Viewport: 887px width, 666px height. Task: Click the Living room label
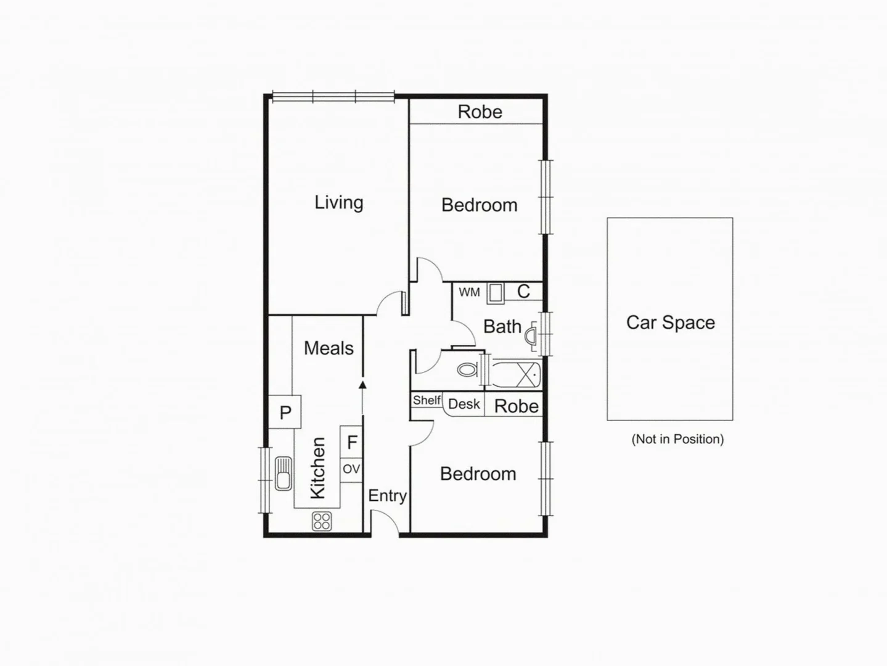point(338,202)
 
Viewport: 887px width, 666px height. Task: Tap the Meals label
point(329,348)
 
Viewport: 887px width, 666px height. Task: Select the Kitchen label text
point(317,468)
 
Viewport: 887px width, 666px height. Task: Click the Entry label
point(387,496)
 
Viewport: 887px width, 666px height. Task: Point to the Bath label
point(502,326)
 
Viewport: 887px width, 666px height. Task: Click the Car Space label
point(670,323)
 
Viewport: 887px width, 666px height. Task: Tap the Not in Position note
point(677,439)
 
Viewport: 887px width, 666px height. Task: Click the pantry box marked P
point(285,413)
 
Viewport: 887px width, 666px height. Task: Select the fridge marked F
point(352,442)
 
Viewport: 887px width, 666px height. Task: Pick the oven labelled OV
point(351,469)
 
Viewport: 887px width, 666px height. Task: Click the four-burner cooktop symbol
point(322,521)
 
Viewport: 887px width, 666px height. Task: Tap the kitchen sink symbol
point(283,473)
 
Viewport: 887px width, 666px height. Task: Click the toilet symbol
point(468,370)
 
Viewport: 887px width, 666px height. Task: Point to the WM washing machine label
point(469,292)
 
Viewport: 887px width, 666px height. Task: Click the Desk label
point(464,405)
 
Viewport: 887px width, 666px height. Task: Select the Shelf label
point(427,400)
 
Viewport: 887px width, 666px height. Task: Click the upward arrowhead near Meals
point(362,385)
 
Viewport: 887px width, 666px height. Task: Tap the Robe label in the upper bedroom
point(480,112)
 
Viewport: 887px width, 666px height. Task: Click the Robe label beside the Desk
point(516,406)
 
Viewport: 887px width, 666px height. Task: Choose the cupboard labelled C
point(523,291)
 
